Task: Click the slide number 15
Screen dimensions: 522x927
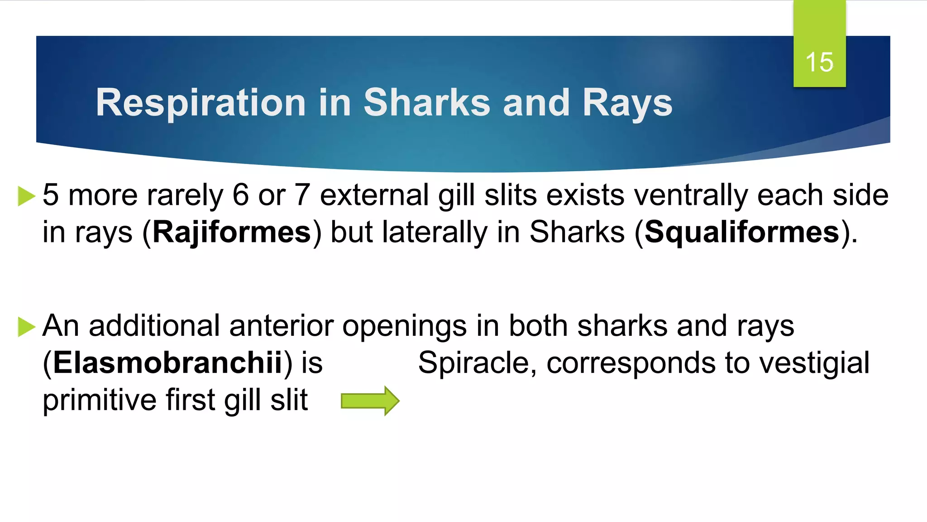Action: click(x=819, y=62)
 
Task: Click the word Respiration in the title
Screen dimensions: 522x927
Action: click(x=201, y=103)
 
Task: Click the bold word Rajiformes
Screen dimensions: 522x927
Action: click(x=232, y=232)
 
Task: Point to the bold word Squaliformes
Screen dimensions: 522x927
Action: click(x=742, y=232)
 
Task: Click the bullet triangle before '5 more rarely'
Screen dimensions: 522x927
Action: click(x=26, y=196)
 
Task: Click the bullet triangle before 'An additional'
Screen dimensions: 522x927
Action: click(x=26, y=327)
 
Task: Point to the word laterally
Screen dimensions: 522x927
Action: click(x=435, y=232)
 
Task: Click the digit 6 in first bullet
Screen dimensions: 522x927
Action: click(x=240, y=196)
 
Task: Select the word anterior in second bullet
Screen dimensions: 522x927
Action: click(x=281, y=326)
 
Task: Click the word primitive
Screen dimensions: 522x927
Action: click(x=99, y=400)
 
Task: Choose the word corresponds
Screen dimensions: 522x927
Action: click(x=631, y=364)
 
